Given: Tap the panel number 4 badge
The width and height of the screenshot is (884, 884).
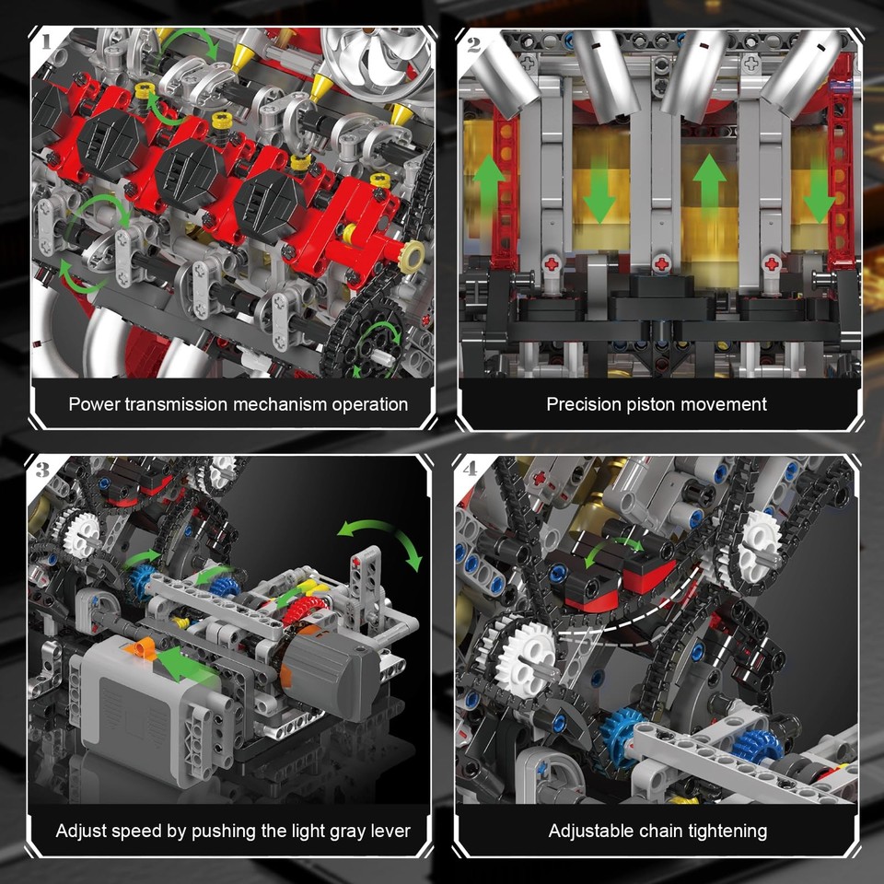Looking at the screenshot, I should pyautogui.click(x=471, y=469).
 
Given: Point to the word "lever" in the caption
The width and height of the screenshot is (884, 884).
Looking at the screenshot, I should pyautogui.click(x=389, y=831).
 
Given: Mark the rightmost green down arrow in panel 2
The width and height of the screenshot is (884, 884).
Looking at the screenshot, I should pyautogui.click(x=819, y=195).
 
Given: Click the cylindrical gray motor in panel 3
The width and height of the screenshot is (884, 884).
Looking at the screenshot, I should pyautogui.click(x=328, y=669).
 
